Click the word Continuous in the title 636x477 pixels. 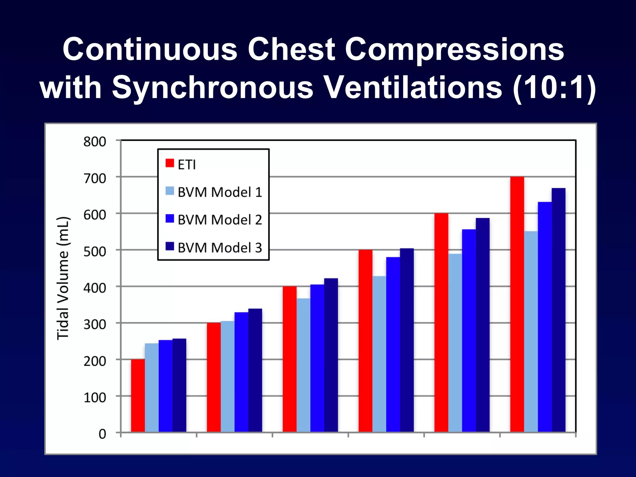150,50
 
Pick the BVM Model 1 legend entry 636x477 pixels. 214,192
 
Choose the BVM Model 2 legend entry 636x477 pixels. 214,220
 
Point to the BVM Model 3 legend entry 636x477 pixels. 214,248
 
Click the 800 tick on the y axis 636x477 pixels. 95,142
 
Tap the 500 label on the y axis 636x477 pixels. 95,251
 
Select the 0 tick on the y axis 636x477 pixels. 102,434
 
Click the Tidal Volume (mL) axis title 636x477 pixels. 63,278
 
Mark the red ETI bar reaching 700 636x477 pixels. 517,304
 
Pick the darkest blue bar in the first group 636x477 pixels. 179,385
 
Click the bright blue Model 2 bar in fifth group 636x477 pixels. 469,330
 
